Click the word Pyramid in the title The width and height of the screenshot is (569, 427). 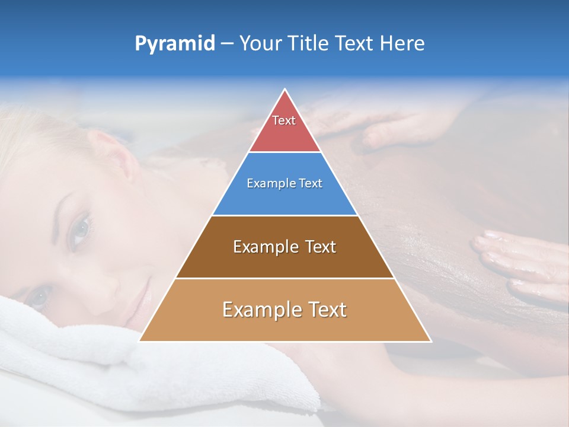[x=175, y=44]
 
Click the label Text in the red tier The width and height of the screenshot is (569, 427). [x=284, y=120]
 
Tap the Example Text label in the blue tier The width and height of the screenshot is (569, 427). [x=284, y=183]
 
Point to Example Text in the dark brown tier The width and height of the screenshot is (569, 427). [x=284, y=247]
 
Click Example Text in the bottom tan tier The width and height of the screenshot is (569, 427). [x=284, y=310]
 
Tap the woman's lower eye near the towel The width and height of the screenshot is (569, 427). [x=39, y=295]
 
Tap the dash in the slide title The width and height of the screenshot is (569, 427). [x=227, y=44]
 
